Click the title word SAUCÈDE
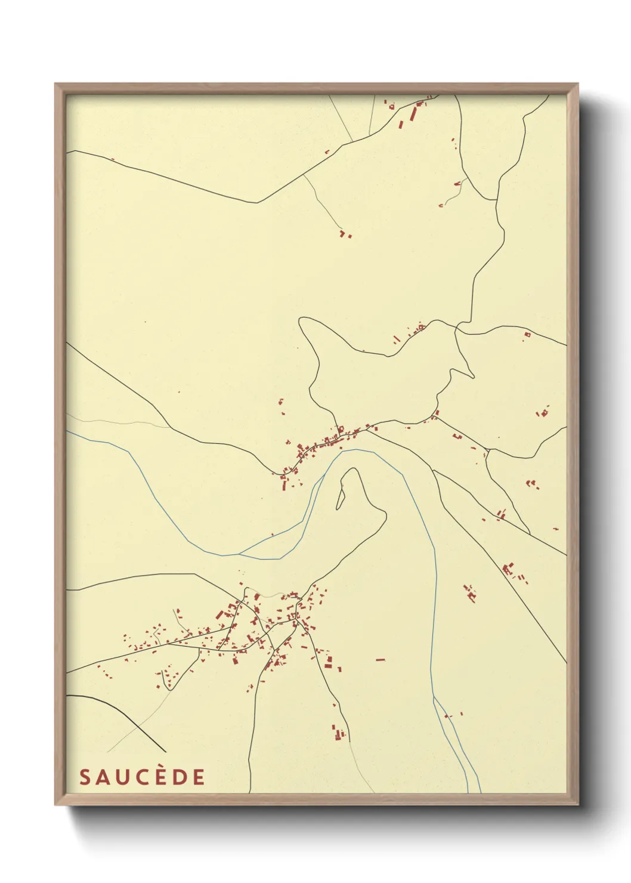point(142,777)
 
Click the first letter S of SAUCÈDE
point(85,777)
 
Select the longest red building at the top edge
point(413,113)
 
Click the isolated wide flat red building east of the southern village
point(380,660)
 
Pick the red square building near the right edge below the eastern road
point(527,335)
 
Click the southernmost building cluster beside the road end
point(338,732)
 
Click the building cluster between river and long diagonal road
point(471,593)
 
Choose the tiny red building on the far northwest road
point(112,159)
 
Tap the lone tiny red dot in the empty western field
point(145,322)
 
